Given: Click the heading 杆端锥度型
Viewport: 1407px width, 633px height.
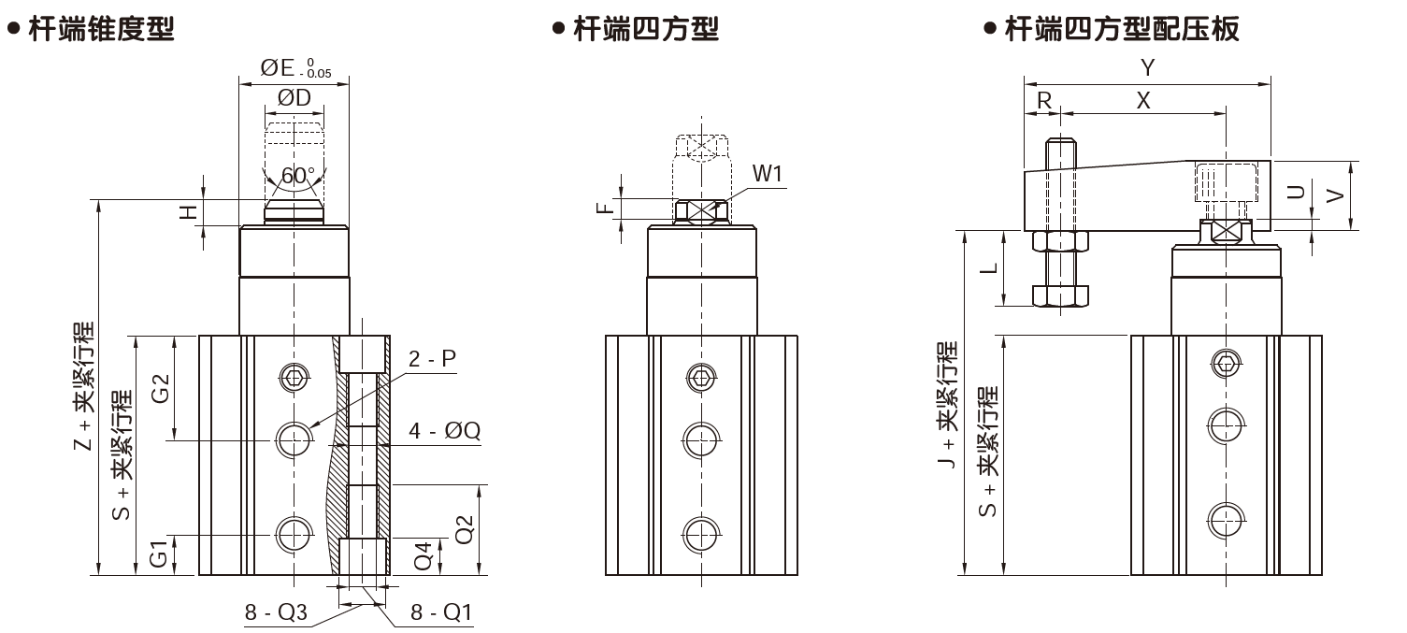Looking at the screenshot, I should coord(101,29).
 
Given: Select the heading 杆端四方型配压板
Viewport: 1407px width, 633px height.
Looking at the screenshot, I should coord(1122,29).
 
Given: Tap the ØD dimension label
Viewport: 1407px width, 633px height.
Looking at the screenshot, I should coord(294,98).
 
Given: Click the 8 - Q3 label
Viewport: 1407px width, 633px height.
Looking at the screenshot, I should coord(276,612).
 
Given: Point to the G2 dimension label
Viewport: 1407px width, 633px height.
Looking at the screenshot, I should coord(160,387).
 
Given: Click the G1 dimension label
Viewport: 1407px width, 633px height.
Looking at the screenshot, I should coord(160,554).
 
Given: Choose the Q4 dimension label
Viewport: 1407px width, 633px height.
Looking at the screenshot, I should coord(424,555).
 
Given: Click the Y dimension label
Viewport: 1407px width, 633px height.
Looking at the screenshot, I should coord(1149,67).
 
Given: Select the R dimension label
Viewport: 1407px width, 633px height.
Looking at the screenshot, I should coord(1043,100).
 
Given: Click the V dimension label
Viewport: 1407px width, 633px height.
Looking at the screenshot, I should coord(1335,194).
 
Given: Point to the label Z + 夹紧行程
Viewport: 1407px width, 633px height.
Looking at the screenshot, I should coord(85,387).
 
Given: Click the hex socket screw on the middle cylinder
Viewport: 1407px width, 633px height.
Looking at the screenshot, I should coord(700,377).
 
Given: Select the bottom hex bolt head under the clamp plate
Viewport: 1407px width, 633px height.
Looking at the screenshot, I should coord(1060,295).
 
